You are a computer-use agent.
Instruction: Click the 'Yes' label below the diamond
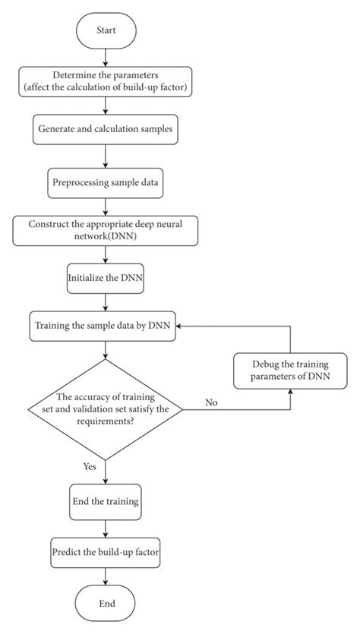(x=90, y=467)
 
